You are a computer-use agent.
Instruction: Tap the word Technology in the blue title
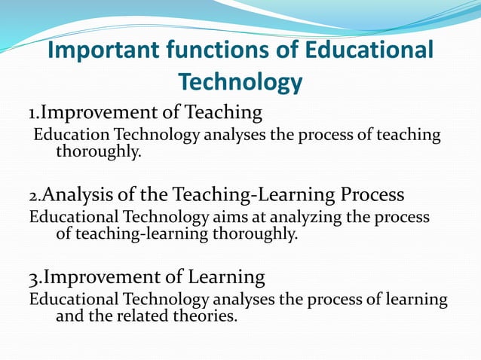240,81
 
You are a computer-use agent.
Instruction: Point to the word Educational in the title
369,50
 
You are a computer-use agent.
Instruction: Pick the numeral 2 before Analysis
32,197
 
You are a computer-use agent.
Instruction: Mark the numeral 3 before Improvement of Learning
32,278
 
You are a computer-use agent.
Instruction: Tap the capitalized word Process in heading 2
372,195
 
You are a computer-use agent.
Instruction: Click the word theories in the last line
206,316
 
